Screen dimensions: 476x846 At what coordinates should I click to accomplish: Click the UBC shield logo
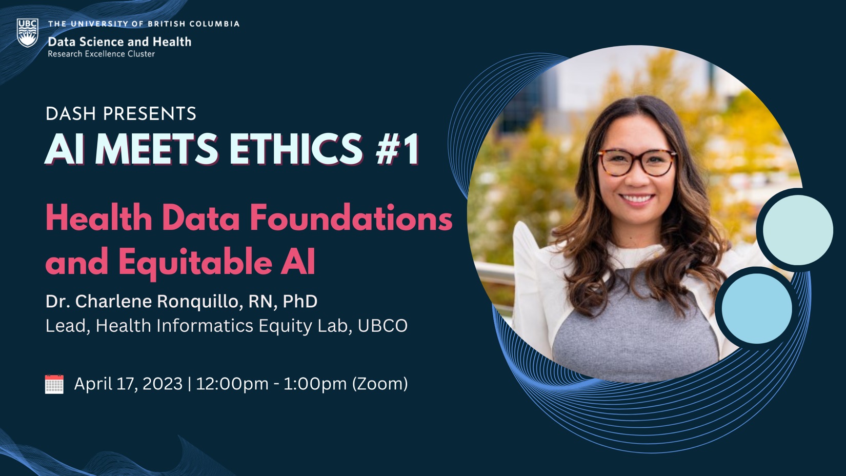(x=27, y=33)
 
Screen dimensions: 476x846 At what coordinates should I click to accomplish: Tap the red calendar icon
(x=54, y=384)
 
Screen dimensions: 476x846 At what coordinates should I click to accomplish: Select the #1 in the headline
(x=397, y=149)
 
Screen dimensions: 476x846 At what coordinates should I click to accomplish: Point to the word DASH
(x=71, y=113)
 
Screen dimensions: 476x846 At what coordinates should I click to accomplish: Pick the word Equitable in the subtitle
(x=195, y=262)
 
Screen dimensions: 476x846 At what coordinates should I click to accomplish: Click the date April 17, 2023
(x=128, y=384)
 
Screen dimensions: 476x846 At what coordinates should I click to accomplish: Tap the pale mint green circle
(x=797, y=229)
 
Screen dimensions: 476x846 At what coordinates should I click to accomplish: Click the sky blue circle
(x=756, y=308)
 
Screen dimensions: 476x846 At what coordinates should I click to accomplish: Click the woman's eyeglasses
(x=637, y=161)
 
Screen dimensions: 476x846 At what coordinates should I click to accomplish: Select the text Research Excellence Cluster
(x=101, y=54)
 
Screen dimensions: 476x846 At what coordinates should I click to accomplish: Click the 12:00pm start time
(x=232, y=384)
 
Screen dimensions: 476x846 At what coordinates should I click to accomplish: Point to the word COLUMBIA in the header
(x=214, y=24)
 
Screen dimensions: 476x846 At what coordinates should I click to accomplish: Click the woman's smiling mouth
(x=637, y=198)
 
